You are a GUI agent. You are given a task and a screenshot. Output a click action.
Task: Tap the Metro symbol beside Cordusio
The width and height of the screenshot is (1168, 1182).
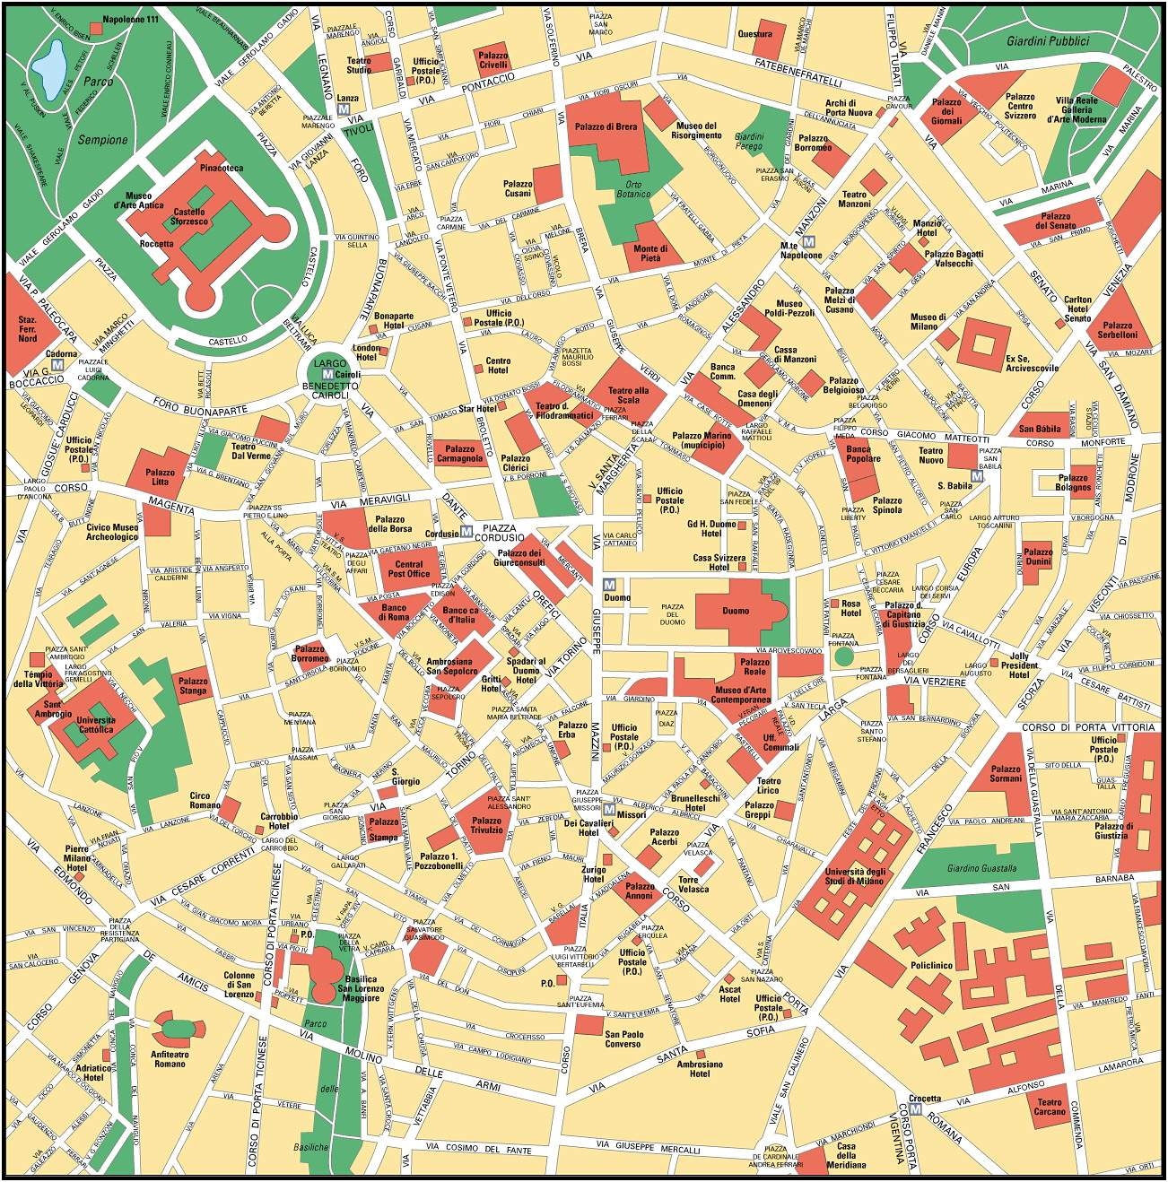466,530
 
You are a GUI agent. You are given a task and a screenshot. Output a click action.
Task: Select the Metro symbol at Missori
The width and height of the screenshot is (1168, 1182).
610,810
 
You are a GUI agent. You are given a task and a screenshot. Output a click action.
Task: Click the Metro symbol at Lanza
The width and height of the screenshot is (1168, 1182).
345,109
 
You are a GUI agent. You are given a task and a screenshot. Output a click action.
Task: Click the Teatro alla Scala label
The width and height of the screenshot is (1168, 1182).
628,395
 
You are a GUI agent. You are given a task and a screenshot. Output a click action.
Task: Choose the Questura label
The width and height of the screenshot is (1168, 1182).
754,34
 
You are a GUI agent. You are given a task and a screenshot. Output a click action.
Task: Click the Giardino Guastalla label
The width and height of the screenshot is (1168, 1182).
981,868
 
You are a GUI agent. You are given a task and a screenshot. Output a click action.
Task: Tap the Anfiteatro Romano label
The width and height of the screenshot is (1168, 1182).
170,1058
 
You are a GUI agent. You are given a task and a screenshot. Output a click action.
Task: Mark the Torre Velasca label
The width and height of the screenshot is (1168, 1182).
693,884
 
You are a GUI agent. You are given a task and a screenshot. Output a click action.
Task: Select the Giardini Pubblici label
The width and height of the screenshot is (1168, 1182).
1047,41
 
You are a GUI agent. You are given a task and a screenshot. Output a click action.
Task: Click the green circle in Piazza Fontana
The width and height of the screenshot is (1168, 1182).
842,656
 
